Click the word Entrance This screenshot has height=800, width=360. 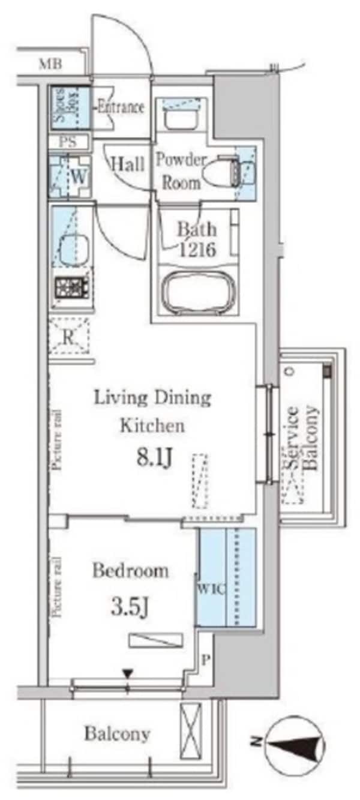click(x=121, y=107)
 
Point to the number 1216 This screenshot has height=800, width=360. click(x=196, y=250)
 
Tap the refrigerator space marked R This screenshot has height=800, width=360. click(x=69, y=337)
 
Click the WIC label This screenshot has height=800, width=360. click(x=210, y=589)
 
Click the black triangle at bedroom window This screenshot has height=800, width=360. click(x=127, y=675)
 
